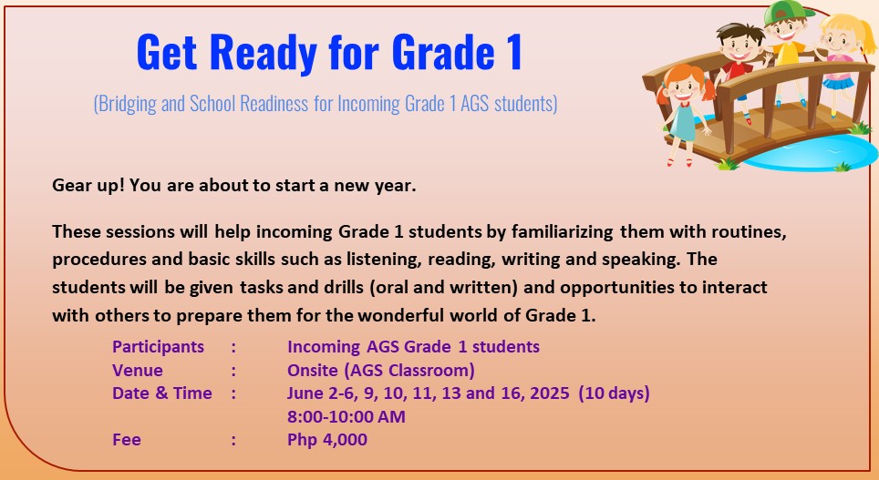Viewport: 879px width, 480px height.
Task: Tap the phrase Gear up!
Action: pyautogui.click(x=88, y=186)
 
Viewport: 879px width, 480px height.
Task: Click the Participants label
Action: pyautogui.click(x=158, y=347)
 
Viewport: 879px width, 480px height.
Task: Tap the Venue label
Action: pyautogui.click(x=138, y=371)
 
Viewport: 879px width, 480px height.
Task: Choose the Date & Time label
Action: pyautogui.click(x=161, y=393)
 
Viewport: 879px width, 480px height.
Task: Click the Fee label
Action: pyautogui.click(x=127, y=440)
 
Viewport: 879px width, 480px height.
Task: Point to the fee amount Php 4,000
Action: pyautogui.click(x=326, y=440)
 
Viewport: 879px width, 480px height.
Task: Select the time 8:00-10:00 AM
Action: pyautogui.click(x=346, y=417)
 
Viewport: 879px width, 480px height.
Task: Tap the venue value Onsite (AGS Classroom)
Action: pyautogui.click(x=380, y=371)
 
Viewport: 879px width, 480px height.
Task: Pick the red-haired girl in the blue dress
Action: pyautogui.click(x=684, y=109)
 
